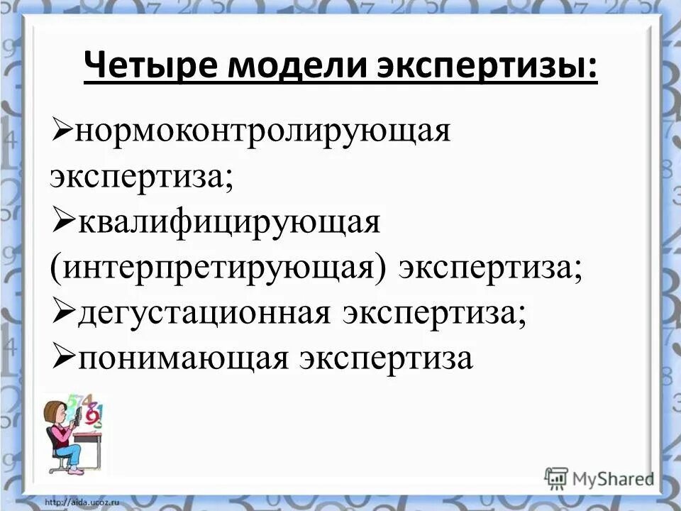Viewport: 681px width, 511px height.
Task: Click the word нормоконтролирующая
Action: point(264,131)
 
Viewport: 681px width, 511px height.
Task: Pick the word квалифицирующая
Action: point(230,225)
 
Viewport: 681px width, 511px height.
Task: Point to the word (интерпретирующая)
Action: point(217,270)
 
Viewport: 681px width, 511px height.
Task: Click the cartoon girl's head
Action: point(55,412)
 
